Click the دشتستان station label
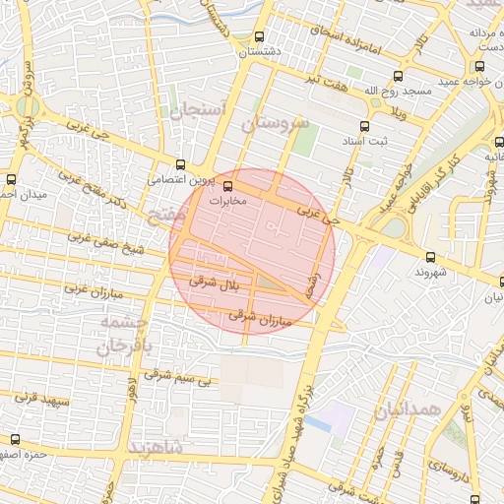268,50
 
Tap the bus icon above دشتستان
259,34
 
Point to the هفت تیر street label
327,77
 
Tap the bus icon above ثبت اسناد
364,126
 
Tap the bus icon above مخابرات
228,184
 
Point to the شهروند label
431,271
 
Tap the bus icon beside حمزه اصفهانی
14,439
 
